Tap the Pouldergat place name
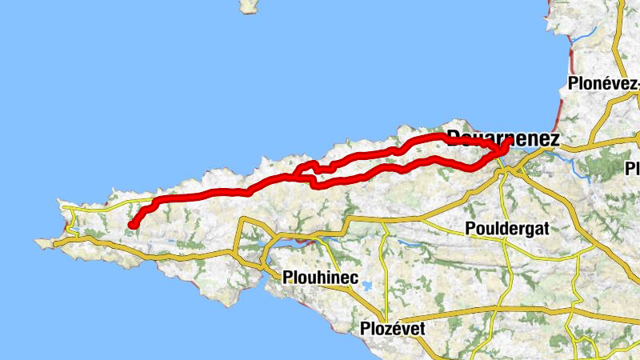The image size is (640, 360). point(507,229)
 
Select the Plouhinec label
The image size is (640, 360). point(318,277)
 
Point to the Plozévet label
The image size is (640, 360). point(392,329)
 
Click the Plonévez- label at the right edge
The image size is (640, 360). point(603,83)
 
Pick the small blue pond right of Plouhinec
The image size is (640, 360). point(366,286)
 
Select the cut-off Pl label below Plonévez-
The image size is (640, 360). point(633,169)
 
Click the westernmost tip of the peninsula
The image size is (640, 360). point(37,239)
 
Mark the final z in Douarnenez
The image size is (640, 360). point(554,138)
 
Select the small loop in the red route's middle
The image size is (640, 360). point(308,168)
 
